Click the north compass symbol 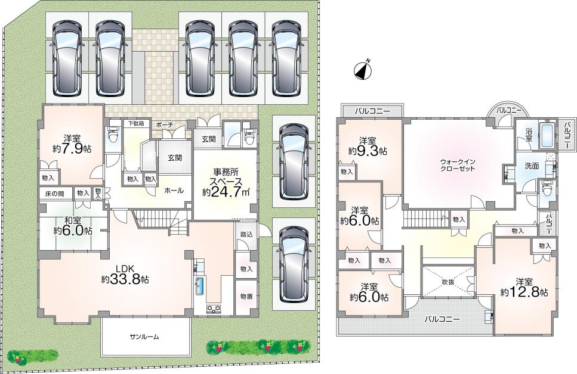(x=363, y=70)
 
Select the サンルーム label (x=144, y=336)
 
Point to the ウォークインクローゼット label (x=458, y=166)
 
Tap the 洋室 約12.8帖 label (x=524, y=287)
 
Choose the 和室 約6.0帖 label (x=72, y=226)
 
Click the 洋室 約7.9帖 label (x=72, y=144)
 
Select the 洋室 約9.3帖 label (x=367, y=146)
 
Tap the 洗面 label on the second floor (x=532, y=166)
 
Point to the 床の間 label (x=54, y=193)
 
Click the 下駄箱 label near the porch (x=136, y=123)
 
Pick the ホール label (x=174, y=191)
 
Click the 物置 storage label (x=246, y=297)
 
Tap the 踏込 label (x=246, y=235)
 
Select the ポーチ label (x=164, y=124)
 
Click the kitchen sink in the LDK (x=200, y=285)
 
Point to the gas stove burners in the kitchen (x=213, y=308)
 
